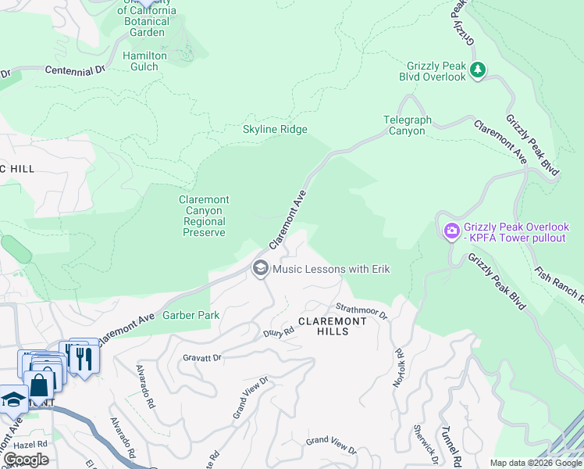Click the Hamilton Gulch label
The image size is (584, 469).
[145, 61]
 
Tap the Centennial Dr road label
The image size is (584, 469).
[75, 70]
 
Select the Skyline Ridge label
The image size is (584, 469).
[275, 129]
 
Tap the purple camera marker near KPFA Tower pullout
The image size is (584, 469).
[451, 231]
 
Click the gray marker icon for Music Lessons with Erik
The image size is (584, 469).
[260, 269]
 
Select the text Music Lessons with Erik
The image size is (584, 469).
[331, 269]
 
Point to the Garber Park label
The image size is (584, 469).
[191, 315]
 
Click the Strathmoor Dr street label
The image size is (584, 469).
[361, 310]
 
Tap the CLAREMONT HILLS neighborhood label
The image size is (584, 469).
[332, 326]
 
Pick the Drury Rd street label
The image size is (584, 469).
[279, 331]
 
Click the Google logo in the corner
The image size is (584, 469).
[26, 459]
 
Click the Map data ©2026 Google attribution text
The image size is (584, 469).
[536, 463]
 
